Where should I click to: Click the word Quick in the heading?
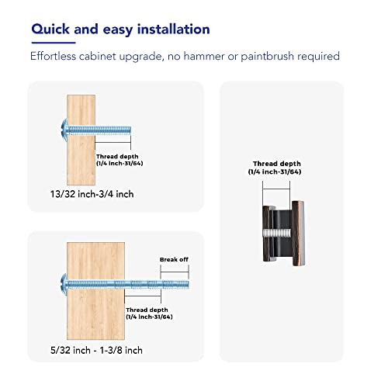click(50, 29)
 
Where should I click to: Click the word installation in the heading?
click(173, 29)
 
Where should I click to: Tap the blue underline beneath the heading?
click(54, 43)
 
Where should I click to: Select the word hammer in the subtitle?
click(204, 56)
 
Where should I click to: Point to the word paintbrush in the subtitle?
click(268, 57)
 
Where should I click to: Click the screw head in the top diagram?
click(64, 130)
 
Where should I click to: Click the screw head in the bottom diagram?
click(64, 285)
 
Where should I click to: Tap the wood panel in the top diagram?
click(81, 140)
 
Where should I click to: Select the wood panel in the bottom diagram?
click(95, 291)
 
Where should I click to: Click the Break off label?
click(174, 259)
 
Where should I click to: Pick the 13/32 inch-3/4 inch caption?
click(92, 194)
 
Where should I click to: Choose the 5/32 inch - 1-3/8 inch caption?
click(96, 350)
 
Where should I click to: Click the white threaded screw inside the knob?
click(277, 232)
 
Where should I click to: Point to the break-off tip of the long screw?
click(176, 285)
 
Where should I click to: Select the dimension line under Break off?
click(175, 272)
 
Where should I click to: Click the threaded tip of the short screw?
click(113, 130)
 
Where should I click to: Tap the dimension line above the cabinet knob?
click(276, 189)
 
